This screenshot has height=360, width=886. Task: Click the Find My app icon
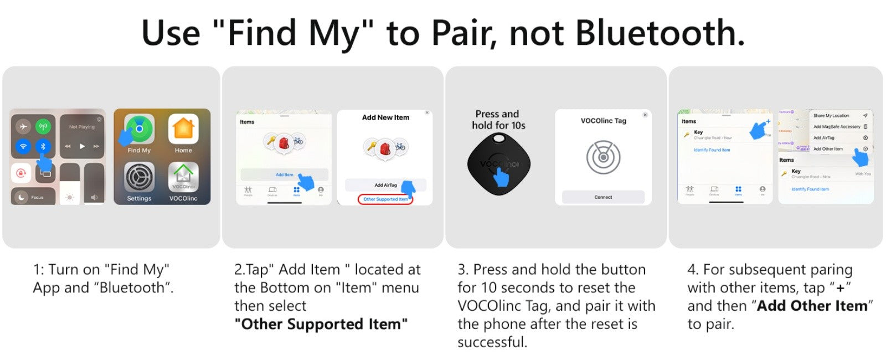click(x=139, y=129)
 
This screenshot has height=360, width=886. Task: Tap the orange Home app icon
click(x=183, y=129)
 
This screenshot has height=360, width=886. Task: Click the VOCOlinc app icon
click(x=183, y=177)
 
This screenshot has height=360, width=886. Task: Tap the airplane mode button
click(x=23, y=127)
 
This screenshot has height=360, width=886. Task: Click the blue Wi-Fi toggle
click(x=23, y=147)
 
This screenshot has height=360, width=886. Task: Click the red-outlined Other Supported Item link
click(x=385, y=199)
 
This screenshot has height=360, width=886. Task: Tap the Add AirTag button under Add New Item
click(x=385, y=185)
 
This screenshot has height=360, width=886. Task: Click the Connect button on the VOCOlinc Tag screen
click(x=603, y=197)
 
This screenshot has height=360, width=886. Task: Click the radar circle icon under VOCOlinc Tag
click(x=603, y=157)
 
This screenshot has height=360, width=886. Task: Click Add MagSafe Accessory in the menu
click(x=836, y=127)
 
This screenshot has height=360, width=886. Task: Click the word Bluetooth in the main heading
click(x=660, y=33)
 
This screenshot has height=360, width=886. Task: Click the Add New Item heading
click(x=385, y=117)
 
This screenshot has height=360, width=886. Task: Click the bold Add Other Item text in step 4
click(x=812, y=306)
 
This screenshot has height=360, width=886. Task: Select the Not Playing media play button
click(x=82, y=146)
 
